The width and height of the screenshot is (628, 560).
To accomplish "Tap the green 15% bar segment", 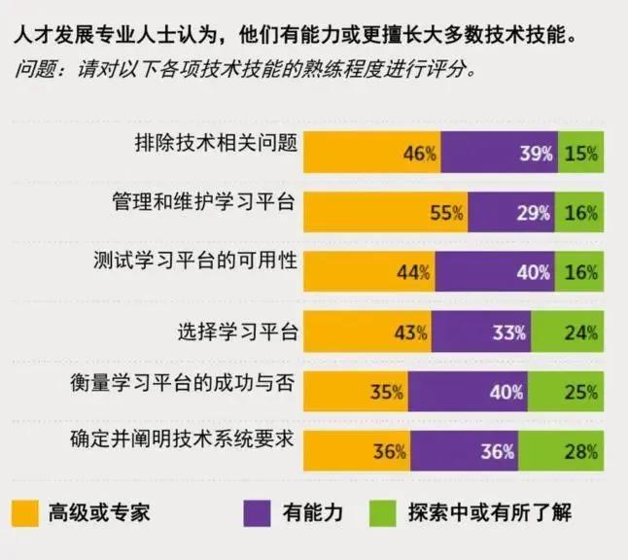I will pyautogui.click(x=580, y=153).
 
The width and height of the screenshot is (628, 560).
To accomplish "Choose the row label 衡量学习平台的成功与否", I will pyautogui.click(x=184, y=380).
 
